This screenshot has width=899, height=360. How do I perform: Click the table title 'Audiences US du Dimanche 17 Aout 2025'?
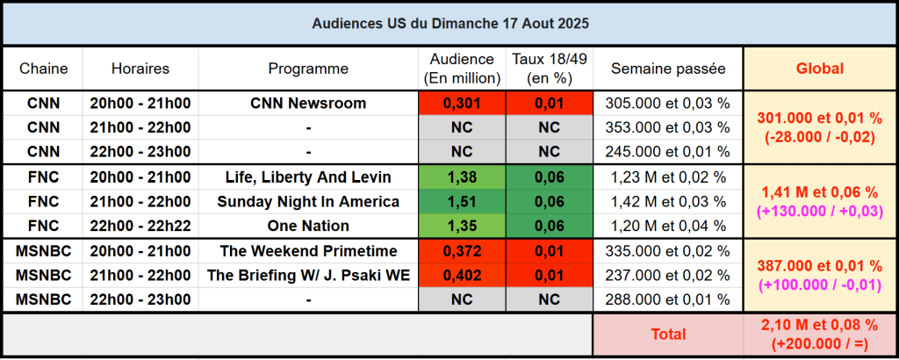(x=449, y=23)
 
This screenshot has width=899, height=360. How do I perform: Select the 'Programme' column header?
(x=308, y=68)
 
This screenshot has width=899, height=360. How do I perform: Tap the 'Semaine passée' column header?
(x=668, y=68)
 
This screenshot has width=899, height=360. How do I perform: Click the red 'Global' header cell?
(x=819, y=68)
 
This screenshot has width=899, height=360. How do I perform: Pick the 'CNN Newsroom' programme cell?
(x=308, y=104)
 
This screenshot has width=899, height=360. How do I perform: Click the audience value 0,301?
(x=462, y=104)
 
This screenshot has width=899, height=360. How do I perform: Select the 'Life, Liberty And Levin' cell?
(x=308, y=177)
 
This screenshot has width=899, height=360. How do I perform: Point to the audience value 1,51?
(x=462, y=202)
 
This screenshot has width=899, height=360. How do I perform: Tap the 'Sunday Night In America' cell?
(x=308, y=202)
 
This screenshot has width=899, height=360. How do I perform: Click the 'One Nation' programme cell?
(x=308, y=226)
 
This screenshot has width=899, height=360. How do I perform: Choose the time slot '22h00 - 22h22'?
(x=140, y=226)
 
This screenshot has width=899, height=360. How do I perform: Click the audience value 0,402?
(x=462, y=276)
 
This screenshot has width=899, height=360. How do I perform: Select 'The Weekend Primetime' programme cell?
(x=308, y=251)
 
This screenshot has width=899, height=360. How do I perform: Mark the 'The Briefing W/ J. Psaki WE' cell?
(x=308, y=276)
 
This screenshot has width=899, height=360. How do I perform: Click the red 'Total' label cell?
(x=668, y=335)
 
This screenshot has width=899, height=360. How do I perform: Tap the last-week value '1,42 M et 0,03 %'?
(x=668, y=202)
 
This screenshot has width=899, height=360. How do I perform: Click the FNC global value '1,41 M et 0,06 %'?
(x=819, y=192)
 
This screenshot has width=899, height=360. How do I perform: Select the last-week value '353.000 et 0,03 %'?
(x=668, y=127)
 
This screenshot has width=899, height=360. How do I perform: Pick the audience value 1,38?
(x=462, y=177)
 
